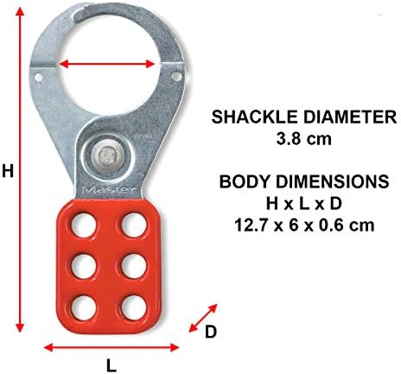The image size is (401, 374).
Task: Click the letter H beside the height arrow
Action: coord(8,170)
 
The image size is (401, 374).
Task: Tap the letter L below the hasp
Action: coord(111,365)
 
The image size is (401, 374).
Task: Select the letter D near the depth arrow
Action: coord(211,332)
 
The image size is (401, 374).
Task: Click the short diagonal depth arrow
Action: coord(202,318)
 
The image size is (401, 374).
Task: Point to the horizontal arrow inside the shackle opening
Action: coord(107,64)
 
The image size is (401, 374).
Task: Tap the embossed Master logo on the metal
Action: coord(110,190)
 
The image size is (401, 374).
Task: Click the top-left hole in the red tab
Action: coord(84,225)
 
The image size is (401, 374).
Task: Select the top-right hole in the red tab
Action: coord(134,225)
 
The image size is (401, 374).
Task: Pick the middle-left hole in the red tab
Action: coord(84,266)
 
